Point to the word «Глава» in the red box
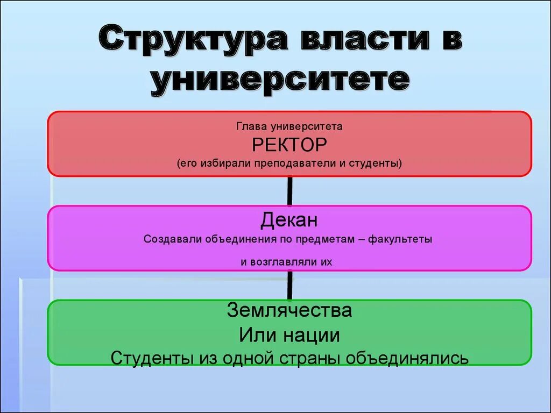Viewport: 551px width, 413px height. point(251,127)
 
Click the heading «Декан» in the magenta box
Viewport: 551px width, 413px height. point(289,220)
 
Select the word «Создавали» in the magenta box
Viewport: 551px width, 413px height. point(172,239)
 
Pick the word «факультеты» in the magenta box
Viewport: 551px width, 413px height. point(401,239)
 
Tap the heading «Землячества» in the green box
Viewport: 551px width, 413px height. point(289,310)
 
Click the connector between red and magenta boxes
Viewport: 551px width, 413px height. point(289,191)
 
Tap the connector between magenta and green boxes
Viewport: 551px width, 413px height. point(289,285)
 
